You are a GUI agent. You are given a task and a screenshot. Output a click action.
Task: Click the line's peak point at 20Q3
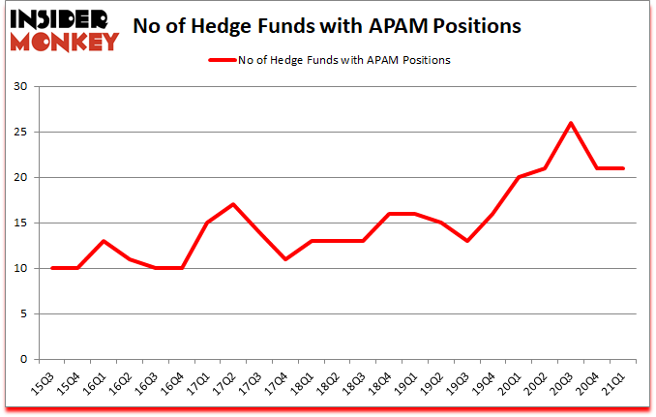pos(571,123)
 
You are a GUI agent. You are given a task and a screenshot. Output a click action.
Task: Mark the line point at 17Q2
pos(233,204)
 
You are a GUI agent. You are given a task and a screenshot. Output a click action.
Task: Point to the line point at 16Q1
pos(103,241)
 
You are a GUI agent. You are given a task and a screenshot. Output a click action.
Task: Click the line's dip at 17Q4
pos(285,259)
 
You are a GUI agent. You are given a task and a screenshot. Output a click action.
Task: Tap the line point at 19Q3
pos(466,241)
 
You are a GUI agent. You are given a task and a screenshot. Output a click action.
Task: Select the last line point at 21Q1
pos(623,168)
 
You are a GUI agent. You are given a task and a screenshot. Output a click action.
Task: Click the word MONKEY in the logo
pos(66,42)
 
